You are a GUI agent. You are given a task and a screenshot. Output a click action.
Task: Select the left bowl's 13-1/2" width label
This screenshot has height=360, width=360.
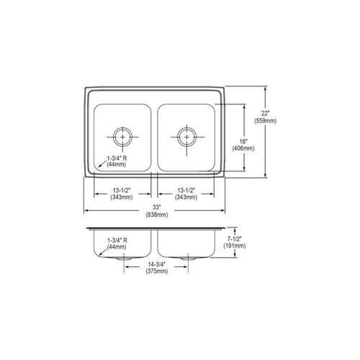tap(122, 189)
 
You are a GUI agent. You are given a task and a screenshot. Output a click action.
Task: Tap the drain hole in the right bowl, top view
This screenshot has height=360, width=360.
tap(186, 135)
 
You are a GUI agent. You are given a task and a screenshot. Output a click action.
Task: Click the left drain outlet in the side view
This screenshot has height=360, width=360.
tap(124, 257)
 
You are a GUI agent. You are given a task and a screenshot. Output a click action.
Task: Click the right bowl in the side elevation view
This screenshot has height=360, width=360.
tap(187, 243)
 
